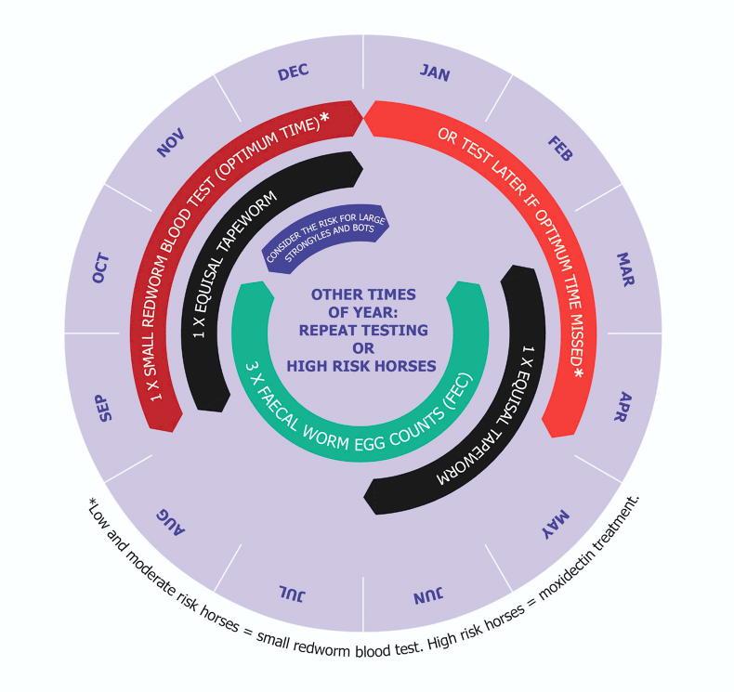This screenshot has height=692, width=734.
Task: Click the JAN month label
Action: point(435,73)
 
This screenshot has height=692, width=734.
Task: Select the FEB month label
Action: point(559,149)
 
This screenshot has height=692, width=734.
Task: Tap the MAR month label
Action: point(624,268)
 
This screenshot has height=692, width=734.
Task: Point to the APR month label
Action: point(627,406)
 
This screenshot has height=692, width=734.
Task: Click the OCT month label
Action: point(101,268)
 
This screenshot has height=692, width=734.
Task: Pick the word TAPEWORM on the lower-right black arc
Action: point(465,458)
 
